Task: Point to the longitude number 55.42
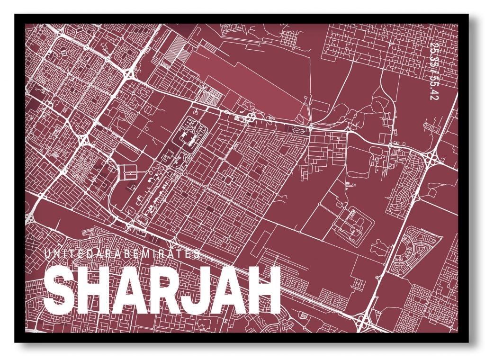432,86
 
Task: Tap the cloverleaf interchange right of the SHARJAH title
363,322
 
